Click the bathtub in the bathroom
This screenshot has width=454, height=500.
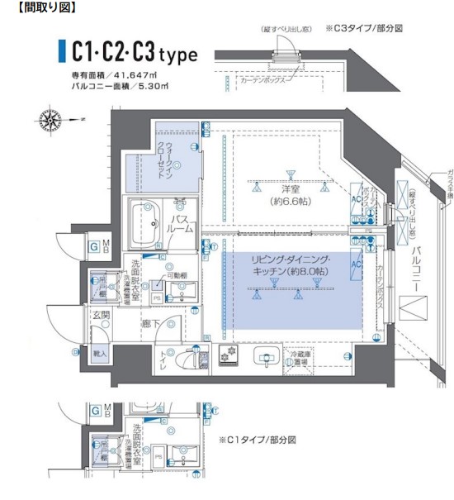coord(144,222)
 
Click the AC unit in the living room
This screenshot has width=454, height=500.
coord(357,264)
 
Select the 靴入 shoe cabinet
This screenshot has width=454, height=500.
coord(101,354)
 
